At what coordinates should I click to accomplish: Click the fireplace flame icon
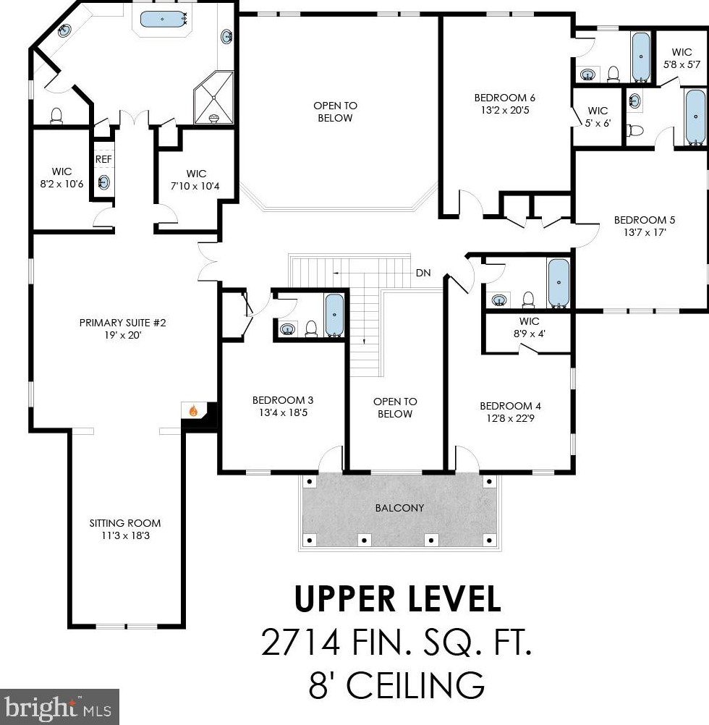pyautogui.click(x=193, y=410)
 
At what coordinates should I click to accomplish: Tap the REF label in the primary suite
pyautogui.click(x=103, y=159)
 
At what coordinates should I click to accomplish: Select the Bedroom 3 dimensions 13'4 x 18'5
pyautogui.click(x=283, y=412)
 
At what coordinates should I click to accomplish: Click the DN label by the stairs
pyautogui.click(x=423, y=273)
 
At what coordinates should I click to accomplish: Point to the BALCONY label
pyautogui.click(x=399, y=508)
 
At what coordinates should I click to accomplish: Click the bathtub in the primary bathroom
pyautogui.click(x=162, y=20)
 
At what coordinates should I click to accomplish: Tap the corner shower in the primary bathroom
pyautogui.click(x=213, y=98)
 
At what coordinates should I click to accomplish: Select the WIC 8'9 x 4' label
pyautogui.click(x=529, y=327)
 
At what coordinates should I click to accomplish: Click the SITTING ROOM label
pyautogui.click(x=124, y=523)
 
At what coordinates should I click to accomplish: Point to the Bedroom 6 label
pyautogui.click(x=505, y=98)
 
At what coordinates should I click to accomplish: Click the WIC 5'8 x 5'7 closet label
pyautogui.click(x=682, y=59)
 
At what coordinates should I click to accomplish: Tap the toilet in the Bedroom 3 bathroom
pyautogui.click(x=312, y=328)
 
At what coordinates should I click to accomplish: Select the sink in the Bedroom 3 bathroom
pyautogui.click(x=288, y=328)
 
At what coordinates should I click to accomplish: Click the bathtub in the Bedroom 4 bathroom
pyautogui.click(x=559, y=283)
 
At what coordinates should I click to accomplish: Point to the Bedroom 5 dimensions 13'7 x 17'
pyautogui.click(x=645, y=232)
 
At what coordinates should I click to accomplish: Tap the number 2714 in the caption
pyautogui.click(x=302, y=642)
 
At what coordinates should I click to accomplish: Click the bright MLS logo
pyautogui.click(x=59, y=707)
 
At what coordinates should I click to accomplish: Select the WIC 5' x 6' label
pyautogui.click(x=598, y=116)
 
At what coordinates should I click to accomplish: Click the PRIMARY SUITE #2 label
pyautogui.click(x=122, y=322)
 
